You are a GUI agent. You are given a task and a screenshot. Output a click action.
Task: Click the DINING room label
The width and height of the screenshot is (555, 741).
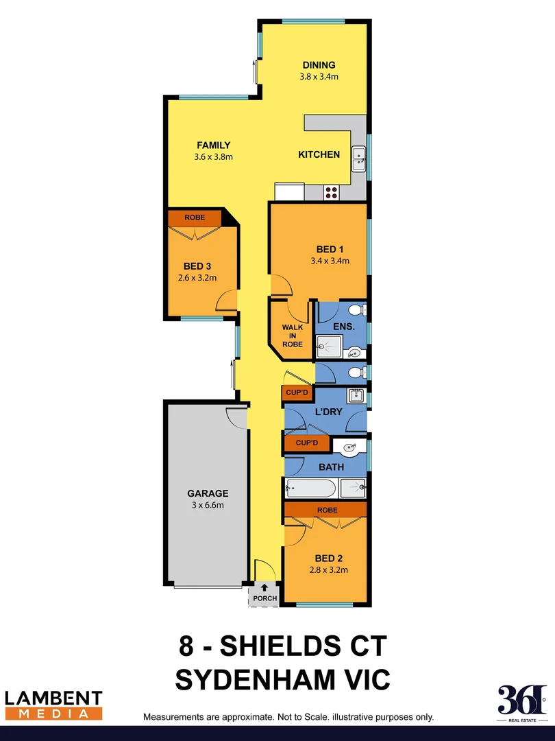click(319, 66)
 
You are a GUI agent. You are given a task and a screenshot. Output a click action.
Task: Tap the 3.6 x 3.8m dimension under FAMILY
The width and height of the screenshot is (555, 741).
click(214, 156)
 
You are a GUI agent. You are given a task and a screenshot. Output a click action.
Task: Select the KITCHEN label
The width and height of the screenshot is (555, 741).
click(319, 154)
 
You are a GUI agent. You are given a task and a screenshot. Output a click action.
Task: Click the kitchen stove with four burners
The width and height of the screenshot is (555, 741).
click(331, 193)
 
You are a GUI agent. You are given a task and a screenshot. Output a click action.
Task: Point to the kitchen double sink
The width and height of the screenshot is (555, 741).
click(359, 159)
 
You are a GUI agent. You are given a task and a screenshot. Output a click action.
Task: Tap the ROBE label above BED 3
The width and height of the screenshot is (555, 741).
click(195, 217)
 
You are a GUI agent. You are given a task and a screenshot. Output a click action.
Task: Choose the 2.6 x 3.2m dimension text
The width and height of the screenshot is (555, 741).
click(197, 278)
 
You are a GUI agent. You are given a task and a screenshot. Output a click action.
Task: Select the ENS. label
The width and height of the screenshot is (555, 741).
click(344, 327)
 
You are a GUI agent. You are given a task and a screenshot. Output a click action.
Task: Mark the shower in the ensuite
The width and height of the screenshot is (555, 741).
click(329, 347)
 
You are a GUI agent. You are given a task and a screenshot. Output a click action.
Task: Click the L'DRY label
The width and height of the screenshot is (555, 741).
click(328, 412)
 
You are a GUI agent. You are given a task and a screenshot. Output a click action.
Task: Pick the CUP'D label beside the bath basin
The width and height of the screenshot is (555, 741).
click(306, 443)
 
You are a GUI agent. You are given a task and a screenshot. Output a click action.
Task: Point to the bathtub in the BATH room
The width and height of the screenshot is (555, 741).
click(310, 489)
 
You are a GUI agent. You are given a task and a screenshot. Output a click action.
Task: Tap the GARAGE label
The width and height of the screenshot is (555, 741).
click(208, 493)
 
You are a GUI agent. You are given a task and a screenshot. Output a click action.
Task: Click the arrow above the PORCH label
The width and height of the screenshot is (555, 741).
click(264, 587)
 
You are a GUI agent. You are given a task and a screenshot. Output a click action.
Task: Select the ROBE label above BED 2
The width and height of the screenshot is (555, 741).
click(326, 510)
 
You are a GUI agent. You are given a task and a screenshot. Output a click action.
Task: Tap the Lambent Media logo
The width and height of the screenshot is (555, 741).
click(53, 705)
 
